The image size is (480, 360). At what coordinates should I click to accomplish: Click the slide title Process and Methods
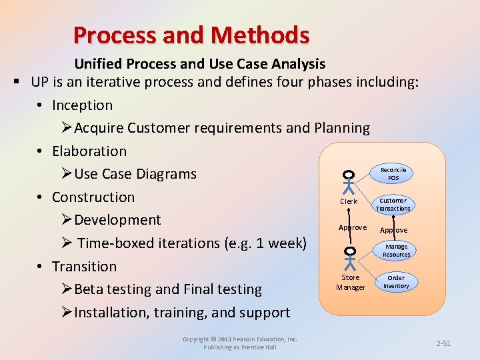tap(191, 35)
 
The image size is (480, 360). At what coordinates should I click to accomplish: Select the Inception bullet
tap(82, 105)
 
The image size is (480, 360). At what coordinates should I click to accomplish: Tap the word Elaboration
tap(89, 151)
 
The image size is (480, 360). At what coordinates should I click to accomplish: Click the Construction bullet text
tap(93, 197)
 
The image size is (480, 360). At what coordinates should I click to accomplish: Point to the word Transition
tap(84, 267)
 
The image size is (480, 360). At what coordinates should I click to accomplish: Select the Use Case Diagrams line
tap(135, 174)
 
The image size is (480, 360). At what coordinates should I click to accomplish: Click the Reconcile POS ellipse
tap(393, 174)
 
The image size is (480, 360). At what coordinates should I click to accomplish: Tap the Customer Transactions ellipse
tap(393, 205)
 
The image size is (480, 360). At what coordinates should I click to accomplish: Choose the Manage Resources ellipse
tap(396, 251)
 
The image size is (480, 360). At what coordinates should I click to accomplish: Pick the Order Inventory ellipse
tap(396, 281)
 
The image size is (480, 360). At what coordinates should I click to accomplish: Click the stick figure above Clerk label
tap(349, 182)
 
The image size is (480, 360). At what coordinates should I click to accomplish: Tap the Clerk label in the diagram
tap(349, 201)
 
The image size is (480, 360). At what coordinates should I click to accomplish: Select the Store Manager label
tap(350, 282)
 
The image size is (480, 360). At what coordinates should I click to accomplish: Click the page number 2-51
tap(443, 343)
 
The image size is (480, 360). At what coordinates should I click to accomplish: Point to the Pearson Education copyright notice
tap(240, 343)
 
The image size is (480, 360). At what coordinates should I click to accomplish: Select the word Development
tap(117, 220)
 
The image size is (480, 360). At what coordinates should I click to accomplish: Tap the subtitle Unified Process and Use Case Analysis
tap(199, 64)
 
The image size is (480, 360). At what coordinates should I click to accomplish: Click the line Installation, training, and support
tap(181, 313)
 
